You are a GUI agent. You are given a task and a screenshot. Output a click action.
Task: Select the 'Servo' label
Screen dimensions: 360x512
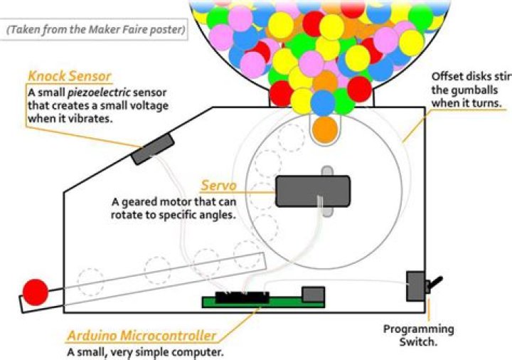[x=218, y=185]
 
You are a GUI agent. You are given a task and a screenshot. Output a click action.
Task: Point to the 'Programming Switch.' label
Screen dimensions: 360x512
[x=418, y=335]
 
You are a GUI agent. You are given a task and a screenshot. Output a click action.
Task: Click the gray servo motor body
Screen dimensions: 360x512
[x=312, y=191]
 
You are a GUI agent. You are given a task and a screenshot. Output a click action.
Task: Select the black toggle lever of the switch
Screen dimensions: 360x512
[x=435, y=284]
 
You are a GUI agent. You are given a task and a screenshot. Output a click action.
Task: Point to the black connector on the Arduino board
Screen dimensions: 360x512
[x=242, y=295]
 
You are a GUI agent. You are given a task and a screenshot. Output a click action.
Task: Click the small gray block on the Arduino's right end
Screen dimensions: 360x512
[x=313, y=294]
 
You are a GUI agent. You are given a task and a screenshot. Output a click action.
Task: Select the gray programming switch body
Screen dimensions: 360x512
[x=415, y=286]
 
